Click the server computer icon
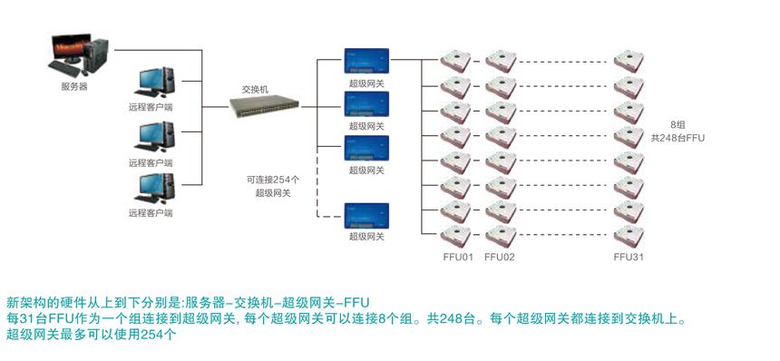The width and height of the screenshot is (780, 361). [x=78, y=55]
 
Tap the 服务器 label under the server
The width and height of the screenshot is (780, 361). [x=74, y=86]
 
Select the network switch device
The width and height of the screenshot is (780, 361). [x=264, y=106]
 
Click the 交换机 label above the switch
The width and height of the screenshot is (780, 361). [x=255, y=90]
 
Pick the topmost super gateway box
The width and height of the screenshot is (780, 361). [x=366, y=61]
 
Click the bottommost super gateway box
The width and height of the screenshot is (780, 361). [x=366, y=215]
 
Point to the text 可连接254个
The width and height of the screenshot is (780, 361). [x=273, y=179]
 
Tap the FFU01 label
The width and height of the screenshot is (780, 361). [x=458, y=257]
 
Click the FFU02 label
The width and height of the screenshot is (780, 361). [x=500, y=257]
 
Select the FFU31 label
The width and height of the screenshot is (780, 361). [x=629, y=257]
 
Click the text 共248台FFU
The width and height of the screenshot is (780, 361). [x=678, y=138]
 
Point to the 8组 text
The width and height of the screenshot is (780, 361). [x=678, y=124]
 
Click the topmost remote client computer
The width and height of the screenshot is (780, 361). [x=155, y=83]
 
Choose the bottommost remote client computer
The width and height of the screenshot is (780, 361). [x=155, y=189]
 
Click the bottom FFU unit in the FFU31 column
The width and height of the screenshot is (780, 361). [x=629, y=237]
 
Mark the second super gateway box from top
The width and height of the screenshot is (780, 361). [x=366, y=104]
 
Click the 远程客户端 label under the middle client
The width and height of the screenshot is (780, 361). [x=151, y=162]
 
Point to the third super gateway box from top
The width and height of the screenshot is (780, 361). [x=366, y=148]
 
